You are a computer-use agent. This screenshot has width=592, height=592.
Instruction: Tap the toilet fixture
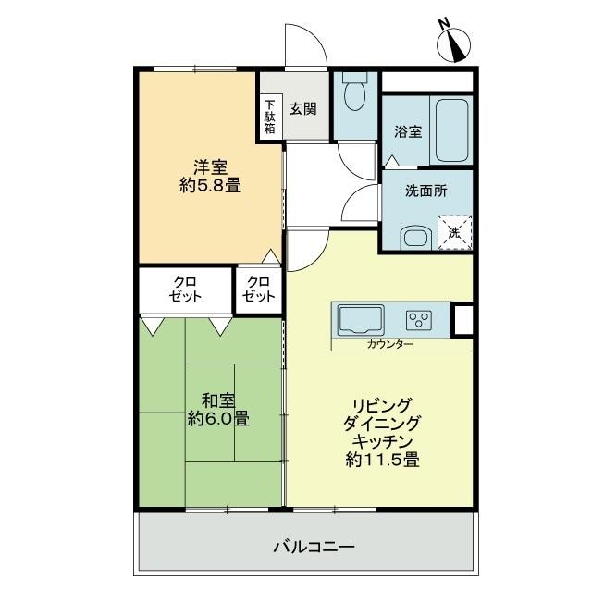pos(354,92)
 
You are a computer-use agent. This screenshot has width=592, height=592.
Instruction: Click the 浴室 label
pos(409,131)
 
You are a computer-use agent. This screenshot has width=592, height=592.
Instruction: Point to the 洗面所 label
pos(426,191)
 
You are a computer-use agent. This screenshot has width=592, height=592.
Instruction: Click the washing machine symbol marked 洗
pos(453,232)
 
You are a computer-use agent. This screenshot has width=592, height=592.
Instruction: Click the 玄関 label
pos(303,108)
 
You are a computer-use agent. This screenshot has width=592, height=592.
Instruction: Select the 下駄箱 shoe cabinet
pos(269,117)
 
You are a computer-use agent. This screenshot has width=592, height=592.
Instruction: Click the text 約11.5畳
pos(383,458)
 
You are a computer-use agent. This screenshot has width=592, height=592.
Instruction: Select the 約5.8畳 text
pos(210,186)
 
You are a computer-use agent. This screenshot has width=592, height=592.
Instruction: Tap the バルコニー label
pos(314,547)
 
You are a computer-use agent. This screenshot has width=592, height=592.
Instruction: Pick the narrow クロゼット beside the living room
pos(259,290)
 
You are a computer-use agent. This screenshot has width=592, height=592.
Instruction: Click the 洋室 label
pos(211,166)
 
